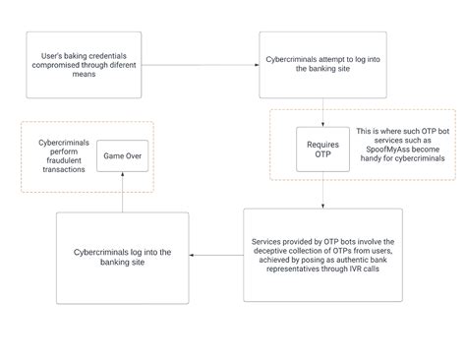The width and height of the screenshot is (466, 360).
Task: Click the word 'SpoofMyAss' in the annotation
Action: click(382, 149)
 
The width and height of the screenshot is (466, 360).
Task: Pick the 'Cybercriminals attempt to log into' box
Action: click(315, 64)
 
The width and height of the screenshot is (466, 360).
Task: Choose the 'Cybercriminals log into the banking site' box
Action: click(123, 258)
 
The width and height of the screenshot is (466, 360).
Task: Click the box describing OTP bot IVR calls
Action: click(322, 255)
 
